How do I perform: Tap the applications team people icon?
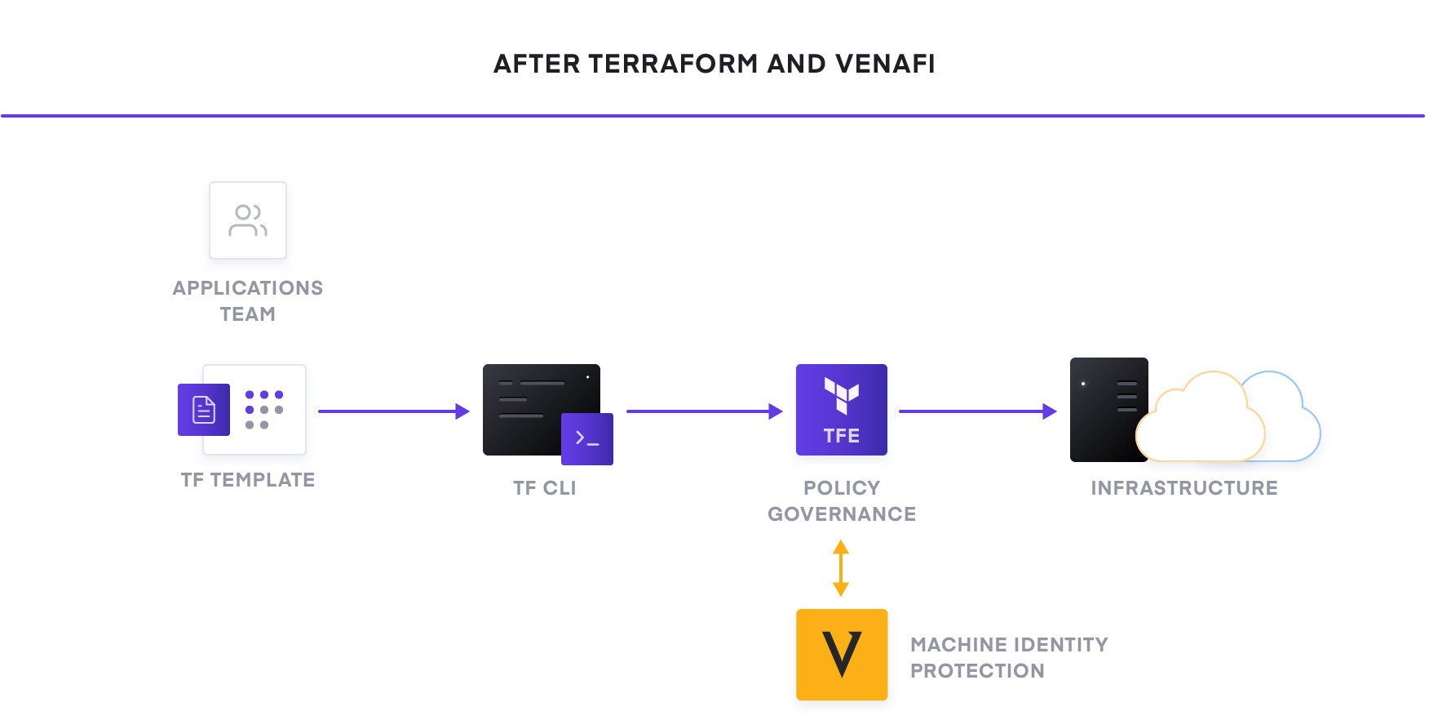[x=248, y=220]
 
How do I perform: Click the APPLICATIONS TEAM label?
[x=248, y=300]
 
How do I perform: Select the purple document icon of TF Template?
[x=204, y=410]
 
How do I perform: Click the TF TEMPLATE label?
[x=248, y=480]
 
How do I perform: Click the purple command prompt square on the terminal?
[x=587, y=439]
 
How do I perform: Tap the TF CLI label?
[x=544, y=488]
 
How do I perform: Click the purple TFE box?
[x=841, y=410]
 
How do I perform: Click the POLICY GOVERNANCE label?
[x=842, y=500]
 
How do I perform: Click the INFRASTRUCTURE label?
[x=1184, y=488]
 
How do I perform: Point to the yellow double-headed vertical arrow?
[x=841, y=568]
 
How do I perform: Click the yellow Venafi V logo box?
[x=841, y=655]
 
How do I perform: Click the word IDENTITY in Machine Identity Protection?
[x=1062, y=645]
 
